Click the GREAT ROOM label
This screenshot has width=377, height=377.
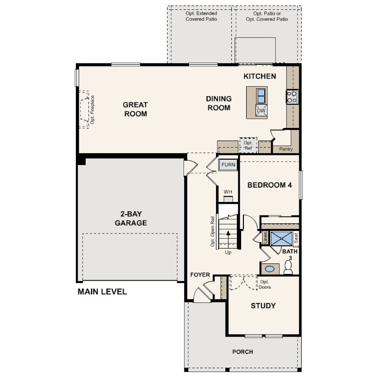135,109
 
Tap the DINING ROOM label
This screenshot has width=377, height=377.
218,103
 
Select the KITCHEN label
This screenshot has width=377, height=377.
260,76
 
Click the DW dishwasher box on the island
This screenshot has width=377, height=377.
261,111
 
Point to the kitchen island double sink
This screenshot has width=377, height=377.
261,95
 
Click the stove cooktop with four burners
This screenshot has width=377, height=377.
292,96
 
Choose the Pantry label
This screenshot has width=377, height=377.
285,149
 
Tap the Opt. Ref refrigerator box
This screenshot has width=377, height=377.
248,145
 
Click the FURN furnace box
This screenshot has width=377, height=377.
228,165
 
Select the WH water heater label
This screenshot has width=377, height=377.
228,192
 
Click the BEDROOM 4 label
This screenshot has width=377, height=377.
269,185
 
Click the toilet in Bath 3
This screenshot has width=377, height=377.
288,267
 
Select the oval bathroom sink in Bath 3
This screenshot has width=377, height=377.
269,269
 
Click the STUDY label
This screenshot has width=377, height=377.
263,306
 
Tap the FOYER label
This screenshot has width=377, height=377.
200,275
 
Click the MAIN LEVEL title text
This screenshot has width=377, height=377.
102,292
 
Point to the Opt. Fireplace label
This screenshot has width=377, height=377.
93,109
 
